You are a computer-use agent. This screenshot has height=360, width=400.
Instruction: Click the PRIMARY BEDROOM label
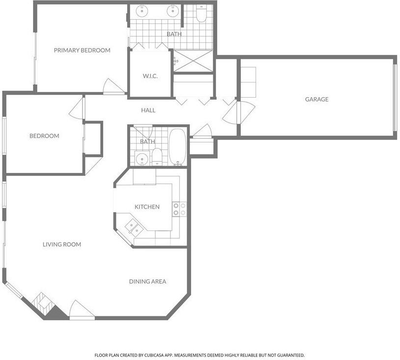click(82, 50)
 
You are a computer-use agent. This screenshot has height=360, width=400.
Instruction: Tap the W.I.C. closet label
click(150, 76)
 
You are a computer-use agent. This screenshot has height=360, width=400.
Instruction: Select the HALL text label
click(148, 111)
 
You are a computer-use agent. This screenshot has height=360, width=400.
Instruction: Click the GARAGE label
click(316, 99)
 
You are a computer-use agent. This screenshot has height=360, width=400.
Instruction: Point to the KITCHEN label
click(147, 207)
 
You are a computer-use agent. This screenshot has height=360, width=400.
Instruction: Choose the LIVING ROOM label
click(61, 244)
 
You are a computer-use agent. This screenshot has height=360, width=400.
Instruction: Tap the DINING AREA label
click(147, 281)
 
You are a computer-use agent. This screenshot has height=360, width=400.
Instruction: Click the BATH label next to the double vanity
click(174, 34)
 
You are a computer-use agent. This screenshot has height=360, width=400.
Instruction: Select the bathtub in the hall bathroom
click(177, 147)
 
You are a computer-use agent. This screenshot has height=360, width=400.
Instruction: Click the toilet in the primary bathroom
click(201, 15)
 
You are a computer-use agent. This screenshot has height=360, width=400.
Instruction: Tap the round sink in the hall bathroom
click(142, 158)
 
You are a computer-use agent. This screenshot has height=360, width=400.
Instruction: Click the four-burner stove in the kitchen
click(179, 209)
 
